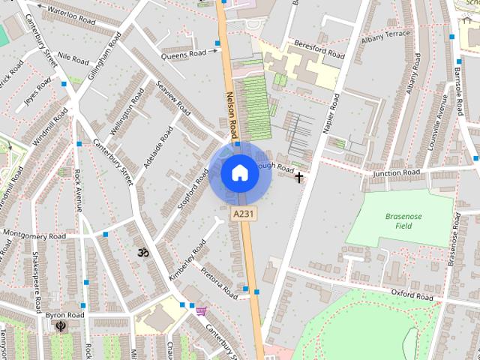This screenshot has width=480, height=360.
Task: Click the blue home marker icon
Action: pyautogui.click(x=239, y=173)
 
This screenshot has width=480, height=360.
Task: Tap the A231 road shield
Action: pyautogui.click(x=241, y=214)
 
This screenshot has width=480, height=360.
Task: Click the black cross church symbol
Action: pyautogui.click(x=299, y=178)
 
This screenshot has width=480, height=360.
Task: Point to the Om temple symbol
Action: pyautogui.click(x=142, y=253)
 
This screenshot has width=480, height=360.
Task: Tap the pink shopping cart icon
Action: pyautogui.click(x=201, y=310)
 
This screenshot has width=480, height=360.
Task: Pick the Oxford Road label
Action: pyautogui.click(x=412, y=295)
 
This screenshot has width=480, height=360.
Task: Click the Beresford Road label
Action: pyautogui.click(x=319, y=49)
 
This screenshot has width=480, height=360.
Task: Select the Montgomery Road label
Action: pyautogui.click(x=35, y=235)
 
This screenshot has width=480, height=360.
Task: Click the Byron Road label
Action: pyautogui.click(x=64, y=316)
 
